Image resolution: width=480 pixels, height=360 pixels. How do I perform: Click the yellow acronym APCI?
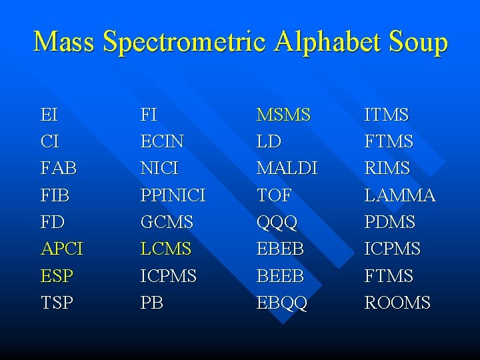[62, 249]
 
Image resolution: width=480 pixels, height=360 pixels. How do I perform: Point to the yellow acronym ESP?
[57, 276]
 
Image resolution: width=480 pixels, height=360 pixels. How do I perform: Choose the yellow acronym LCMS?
[166, 249]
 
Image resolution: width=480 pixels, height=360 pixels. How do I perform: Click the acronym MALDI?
[287, 169]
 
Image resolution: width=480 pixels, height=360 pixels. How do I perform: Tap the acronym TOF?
[274, 195]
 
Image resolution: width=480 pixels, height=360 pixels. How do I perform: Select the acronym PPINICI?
[173, 195]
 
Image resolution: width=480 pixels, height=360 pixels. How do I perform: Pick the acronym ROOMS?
[397, 303]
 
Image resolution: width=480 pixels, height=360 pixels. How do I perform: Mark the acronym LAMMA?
[400, 195]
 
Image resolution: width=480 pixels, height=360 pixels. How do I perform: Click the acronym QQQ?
[277, 222]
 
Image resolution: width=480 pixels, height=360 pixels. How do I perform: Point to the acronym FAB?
[59, 169]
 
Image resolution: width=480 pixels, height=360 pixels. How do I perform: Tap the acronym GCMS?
[167, 222]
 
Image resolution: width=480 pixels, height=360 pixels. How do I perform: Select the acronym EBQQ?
[282, 303]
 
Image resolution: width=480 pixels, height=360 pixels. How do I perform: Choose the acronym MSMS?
[284, 115]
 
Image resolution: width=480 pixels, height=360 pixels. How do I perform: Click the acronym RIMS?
[387, 169]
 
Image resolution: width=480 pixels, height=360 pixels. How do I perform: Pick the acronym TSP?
[57, 303]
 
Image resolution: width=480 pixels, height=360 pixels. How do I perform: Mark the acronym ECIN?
[163, 142]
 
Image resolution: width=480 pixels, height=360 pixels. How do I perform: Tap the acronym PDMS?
[390, 222]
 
